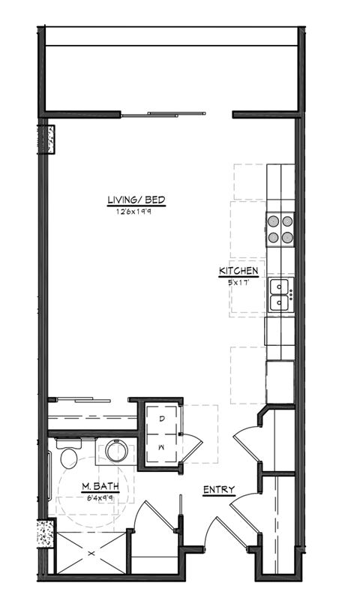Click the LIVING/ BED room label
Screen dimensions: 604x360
point(136,200)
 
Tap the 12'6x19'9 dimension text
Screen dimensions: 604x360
point(136,212)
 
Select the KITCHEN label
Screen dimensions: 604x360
point(238,271)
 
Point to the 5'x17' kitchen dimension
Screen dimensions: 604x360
point(238,281)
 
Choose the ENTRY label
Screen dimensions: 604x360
point(219,491)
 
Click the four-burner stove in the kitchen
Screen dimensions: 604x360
point(279,229)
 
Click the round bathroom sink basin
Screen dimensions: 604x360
point(116,451)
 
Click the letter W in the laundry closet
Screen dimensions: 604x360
point(163,446)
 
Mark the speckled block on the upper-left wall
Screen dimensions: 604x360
point(50,140)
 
